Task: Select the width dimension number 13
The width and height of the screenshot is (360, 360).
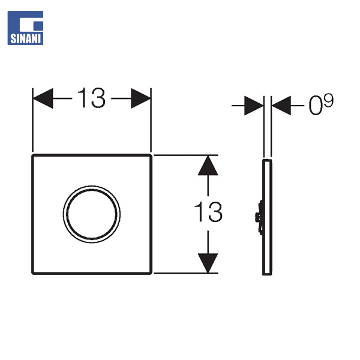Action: (91, 98)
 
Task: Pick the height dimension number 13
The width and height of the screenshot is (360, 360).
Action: (208, 212)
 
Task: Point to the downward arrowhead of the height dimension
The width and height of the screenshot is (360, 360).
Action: (208, 262)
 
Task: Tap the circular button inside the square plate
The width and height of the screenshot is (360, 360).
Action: (92, 213)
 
